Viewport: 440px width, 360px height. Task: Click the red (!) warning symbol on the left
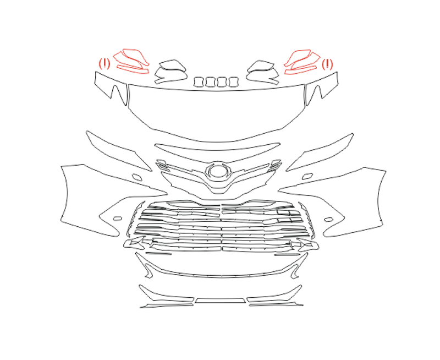[105, 64]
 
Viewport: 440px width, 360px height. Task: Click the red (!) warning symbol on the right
[327, 64]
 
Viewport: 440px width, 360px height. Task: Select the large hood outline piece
[216, 112]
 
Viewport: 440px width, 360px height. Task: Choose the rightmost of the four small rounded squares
[234, 81]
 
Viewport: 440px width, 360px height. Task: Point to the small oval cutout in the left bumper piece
[117, 219]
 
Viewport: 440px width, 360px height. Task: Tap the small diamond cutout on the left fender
[137, 177]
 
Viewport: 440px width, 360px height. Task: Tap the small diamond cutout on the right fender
[307, 176]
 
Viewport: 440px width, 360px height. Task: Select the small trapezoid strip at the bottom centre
[221, 301]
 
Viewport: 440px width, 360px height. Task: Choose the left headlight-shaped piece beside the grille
[119, 151]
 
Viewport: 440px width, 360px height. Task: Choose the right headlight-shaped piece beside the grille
[320, 153]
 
